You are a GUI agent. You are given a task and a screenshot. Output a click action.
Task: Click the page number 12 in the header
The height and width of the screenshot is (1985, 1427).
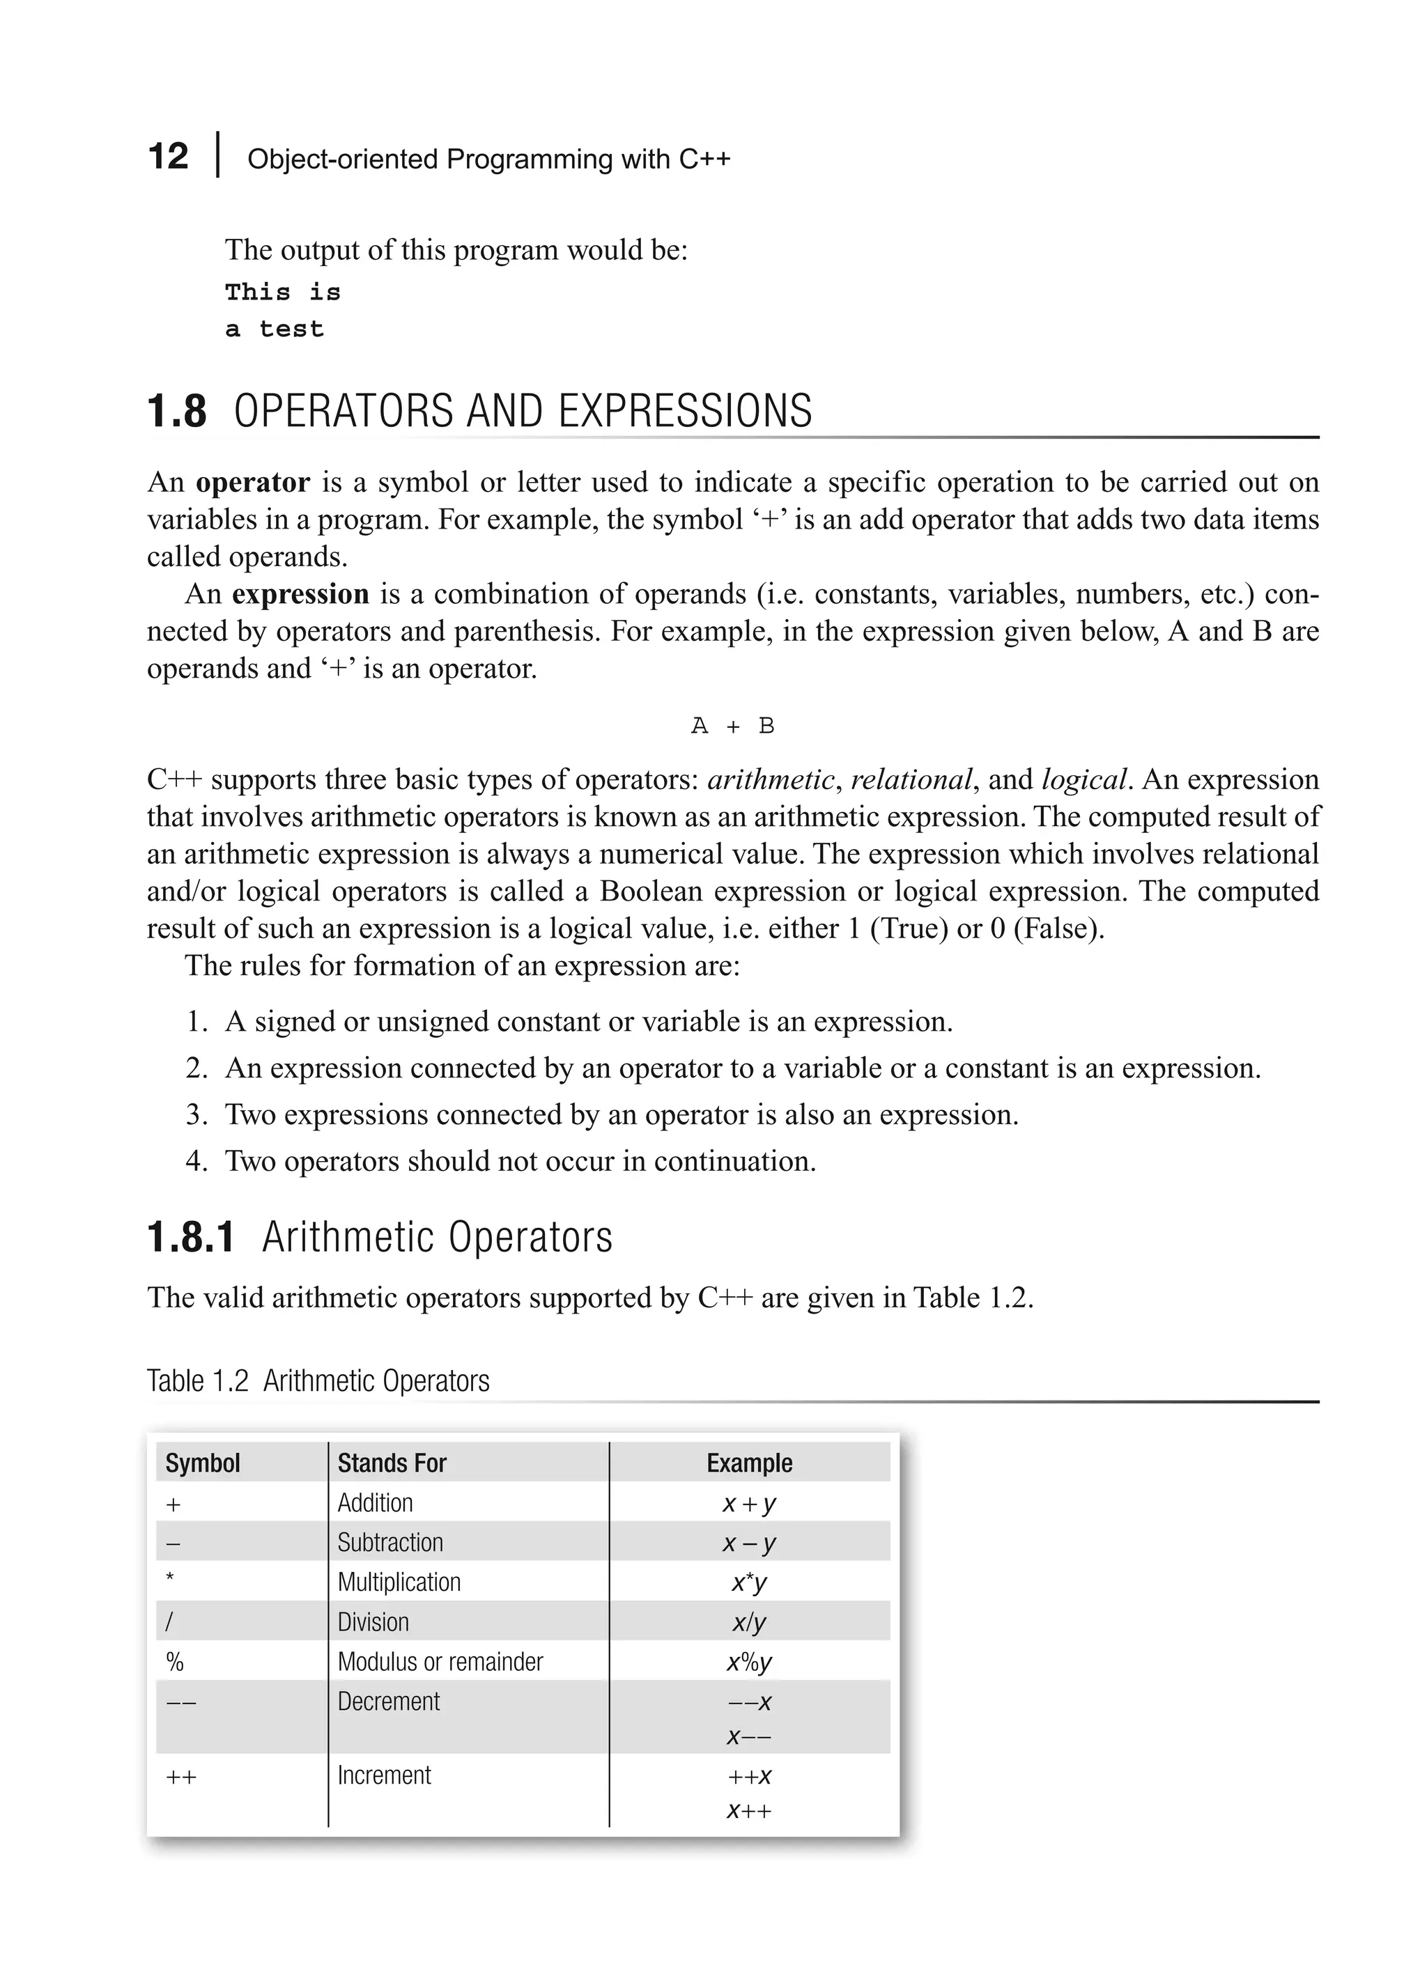point(168,157)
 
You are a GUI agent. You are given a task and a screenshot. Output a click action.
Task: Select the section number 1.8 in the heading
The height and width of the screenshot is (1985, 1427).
point(177,412)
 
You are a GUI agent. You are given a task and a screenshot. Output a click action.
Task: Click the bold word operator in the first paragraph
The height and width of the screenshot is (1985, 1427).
point(253,482)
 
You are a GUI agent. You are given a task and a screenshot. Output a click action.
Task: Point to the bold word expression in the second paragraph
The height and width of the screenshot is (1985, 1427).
point(300,594)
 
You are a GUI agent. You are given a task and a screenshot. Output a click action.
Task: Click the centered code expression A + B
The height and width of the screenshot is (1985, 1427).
point(733,726)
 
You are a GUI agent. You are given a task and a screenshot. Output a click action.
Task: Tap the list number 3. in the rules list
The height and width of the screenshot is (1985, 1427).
point(196,1115)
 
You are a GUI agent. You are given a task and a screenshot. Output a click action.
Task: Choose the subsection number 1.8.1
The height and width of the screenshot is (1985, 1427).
point(191,1238)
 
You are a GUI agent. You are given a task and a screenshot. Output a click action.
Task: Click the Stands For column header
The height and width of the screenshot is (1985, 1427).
point(392,1463)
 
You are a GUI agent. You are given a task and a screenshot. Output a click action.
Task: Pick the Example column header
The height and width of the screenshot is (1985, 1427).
point(750,1463)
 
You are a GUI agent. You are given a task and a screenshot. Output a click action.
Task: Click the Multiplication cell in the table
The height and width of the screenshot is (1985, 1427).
point(399,1582)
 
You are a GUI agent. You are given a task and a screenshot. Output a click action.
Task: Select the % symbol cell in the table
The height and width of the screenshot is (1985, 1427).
point(174,1661)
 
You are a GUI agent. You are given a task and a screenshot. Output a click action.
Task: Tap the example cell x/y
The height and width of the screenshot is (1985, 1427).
point(750,1622)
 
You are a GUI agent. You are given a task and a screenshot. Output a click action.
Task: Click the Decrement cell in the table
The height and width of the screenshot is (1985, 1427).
point(389,1702)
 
